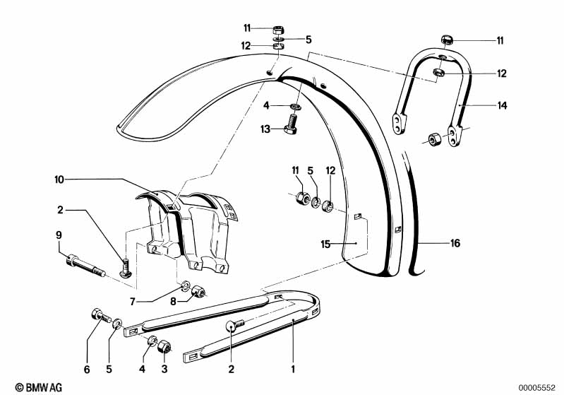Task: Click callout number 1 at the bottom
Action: (x=292, y=368)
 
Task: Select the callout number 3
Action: (x=164, y=368)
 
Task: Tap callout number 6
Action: (x=88, y=368)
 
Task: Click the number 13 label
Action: (x=265, y=129)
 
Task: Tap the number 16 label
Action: (x=455, y=244)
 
